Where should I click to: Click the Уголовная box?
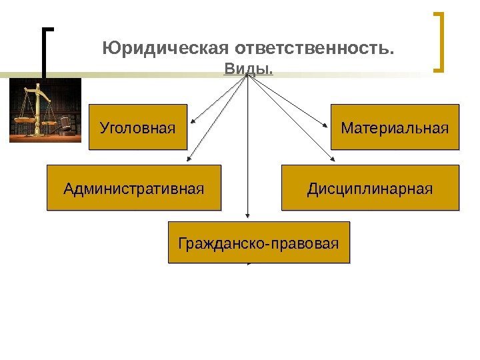tap(138, 126)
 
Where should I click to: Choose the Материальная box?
tap(395, 126)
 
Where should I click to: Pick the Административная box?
tap(133, 188)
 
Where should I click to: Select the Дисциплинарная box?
tap(370, 188)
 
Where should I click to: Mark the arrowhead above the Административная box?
tap(189, 160)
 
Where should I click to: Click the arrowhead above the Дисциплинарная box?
tap(333, 160)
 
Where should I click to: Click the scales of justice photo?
tap(44, 110)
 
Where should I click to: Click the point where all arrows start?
tap(249, 75)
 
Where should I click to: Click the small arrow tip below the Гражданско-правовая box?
tap(248, 264)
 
